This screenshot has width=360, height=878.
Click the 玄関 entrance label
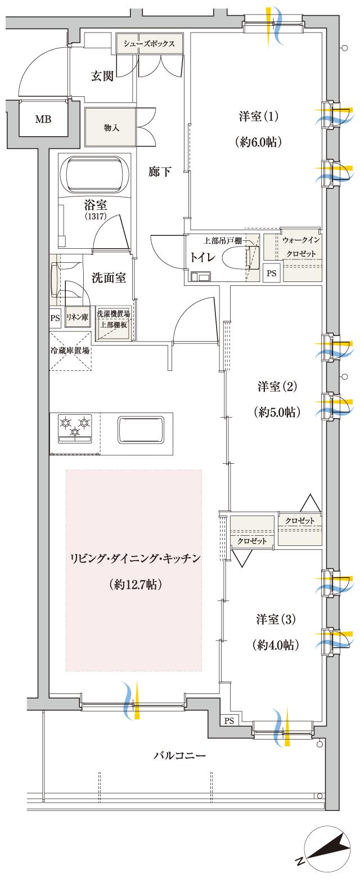click(x=102, y=76)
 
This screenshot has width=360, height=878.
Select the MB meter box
click(x=42, y=119)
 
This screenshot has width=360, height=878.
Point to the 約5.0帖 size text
click(x=276, y=412)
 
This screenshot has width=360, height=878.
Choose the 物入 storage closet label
click(x=111, y=128)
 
